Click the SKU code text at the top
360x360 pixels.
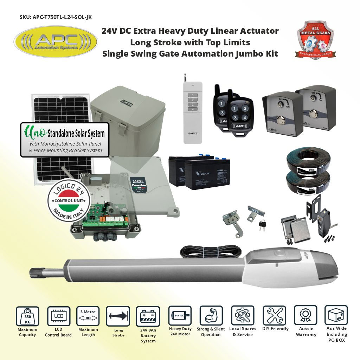pyautogui.click(x=57, y=17)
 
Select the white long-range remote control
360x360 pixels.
pyautogui.click(x=192, y=112)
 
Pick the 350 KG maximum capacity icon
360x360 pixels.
pyautogui.click(x=27, y=316)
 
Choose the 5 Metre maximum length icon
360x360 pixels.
pyautogui.click(x=88, y=316)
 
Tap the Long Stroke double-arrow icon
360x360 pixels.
pyautogui.click(x=118, y=316)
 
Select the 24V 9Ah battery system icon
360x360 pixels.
pyautogui.click(x=148, y=316)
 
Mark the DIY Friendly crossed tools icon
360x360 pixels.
pyautogui.click(x=275, y=315)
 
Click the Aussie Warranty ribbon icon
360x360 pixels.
pyautogui.click(x=306, y=315)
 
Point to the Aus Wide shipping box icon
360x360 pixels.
pyautogui.click(x=336, y=315)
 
